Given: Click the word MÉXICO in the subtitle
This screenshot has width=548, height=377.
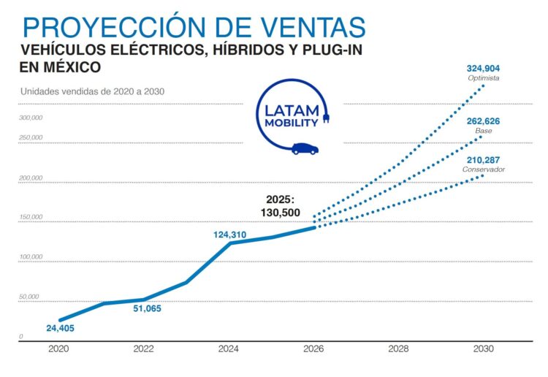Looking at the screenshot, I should [x=70, y=67].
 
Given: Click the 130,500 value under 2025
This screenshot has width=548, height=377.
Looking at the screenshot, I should [x=281, y=213].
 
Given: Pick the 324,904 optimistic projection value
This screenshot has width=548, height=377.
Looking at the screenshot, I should [x=483, y=68].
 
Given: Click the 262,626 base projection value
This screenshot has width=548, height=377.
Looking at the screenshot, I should [x=483, y=121].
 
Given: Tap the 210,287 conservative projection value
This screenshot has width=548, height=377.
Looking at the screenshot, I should [x=483, y=160].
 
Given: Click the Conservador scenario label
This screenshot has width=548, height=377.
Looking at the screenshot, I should [x=483, y=170].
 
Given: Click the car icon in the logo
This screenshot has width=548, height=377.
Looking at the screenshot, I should [x=305, y=148].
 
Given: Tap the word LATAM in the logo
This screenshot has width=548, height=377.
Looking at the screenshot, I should [x=292, y=110].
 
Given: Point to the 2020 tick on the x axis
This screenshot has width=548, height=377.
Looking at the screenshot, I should [x=58, y=349].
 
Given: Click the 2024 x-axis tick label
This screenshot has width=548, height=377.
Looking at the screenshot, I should [x=229, y=349].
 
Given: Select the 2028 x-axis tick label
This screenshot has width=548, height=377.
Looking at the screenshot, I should [x=399, y=349].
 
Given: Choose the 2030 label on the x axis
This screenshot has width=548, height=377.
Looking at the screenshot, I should [x=484, y=349].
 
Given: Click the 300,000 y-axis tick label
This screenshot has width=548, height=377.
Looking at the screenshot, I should [x=31, y=118].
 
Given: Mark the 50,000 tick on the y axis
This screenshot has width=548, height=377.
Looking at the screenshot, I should [x=29, y=297].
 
